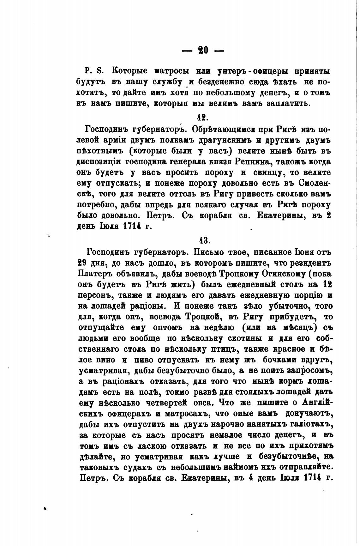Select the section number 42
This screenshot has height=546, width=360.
[x=202, y=117]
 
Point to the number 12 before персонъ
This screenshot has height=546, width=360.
[x=327, y=284]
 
